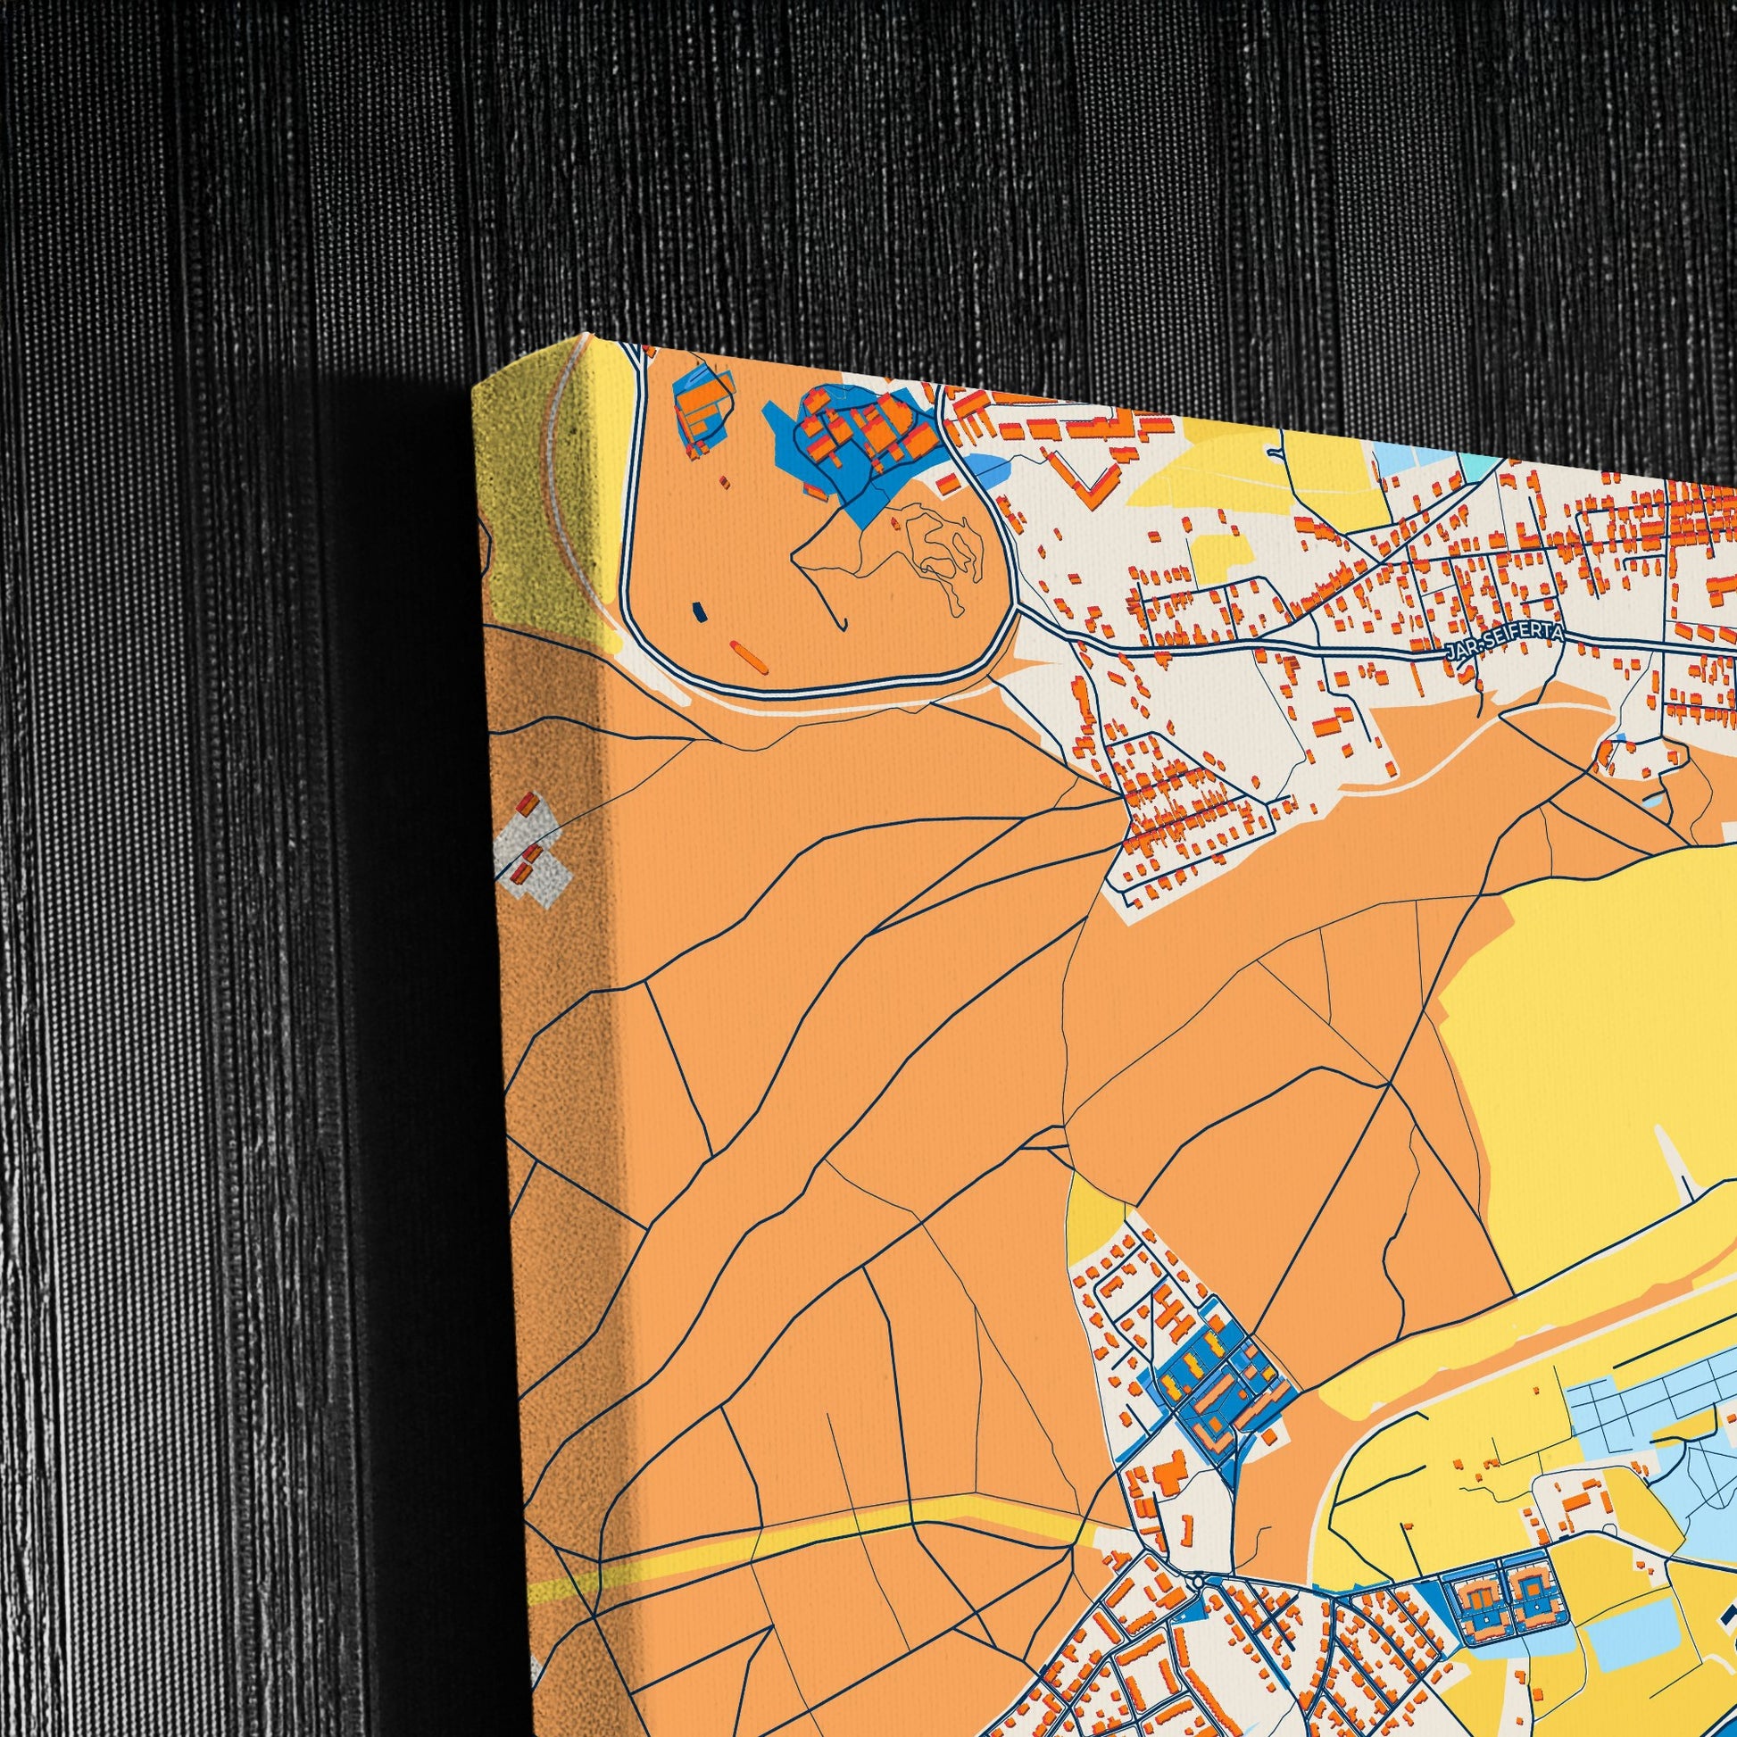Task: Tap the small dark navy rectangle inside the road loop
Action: click(x=698, y=612)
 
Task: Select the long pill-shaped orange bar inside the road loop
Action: click(x=748, y=656)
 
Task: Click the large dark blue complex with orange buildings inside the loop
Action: click(x=854, y=436)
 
